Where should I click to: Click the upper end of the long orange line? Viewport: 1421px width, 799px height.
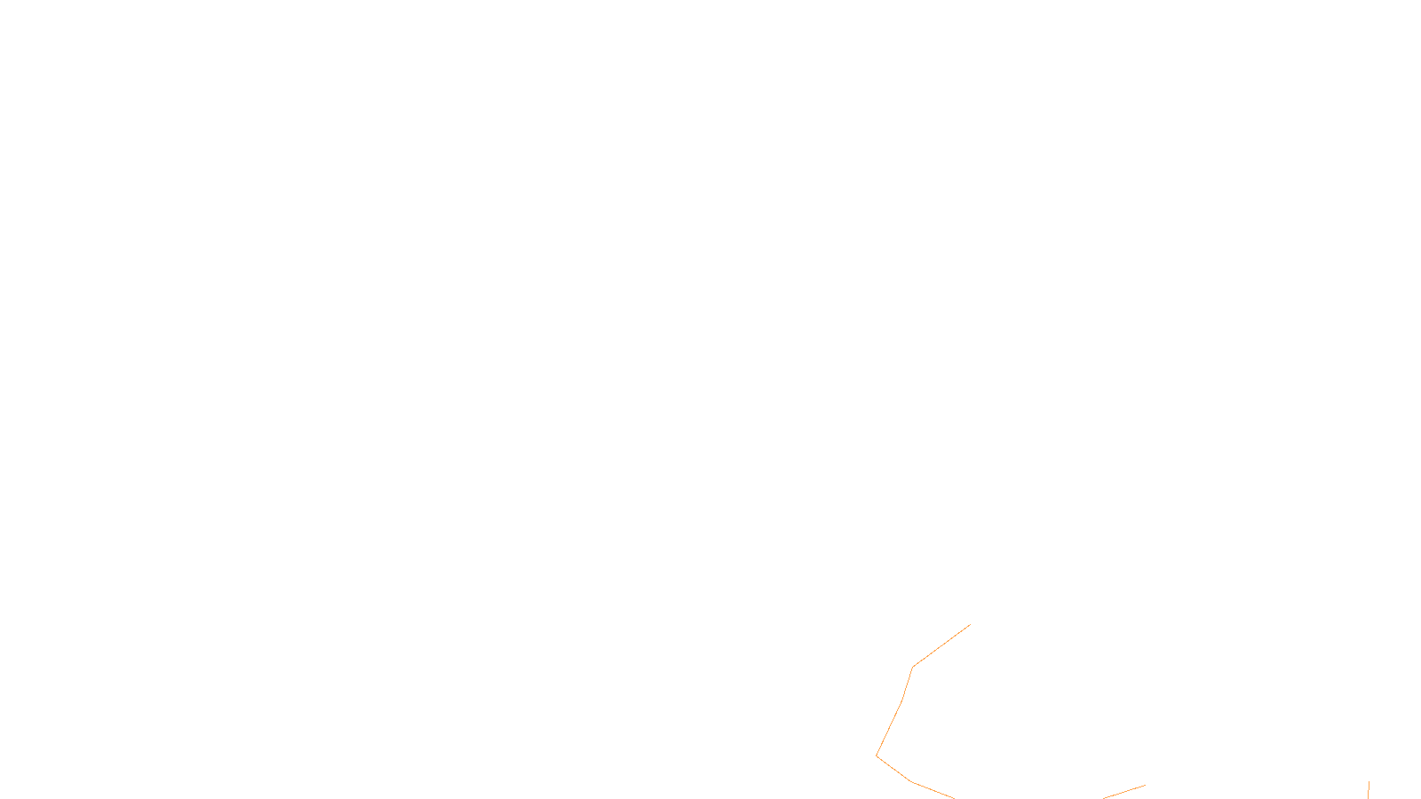point(970,625)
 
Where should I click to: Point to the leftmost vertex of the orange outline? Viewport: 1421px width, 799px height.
point(877,755)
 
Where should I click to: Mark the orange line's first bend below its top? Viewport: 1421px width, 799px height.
point(913,667)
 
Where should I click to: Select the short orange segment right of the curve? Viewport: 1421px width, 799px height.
point(1124,791)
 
